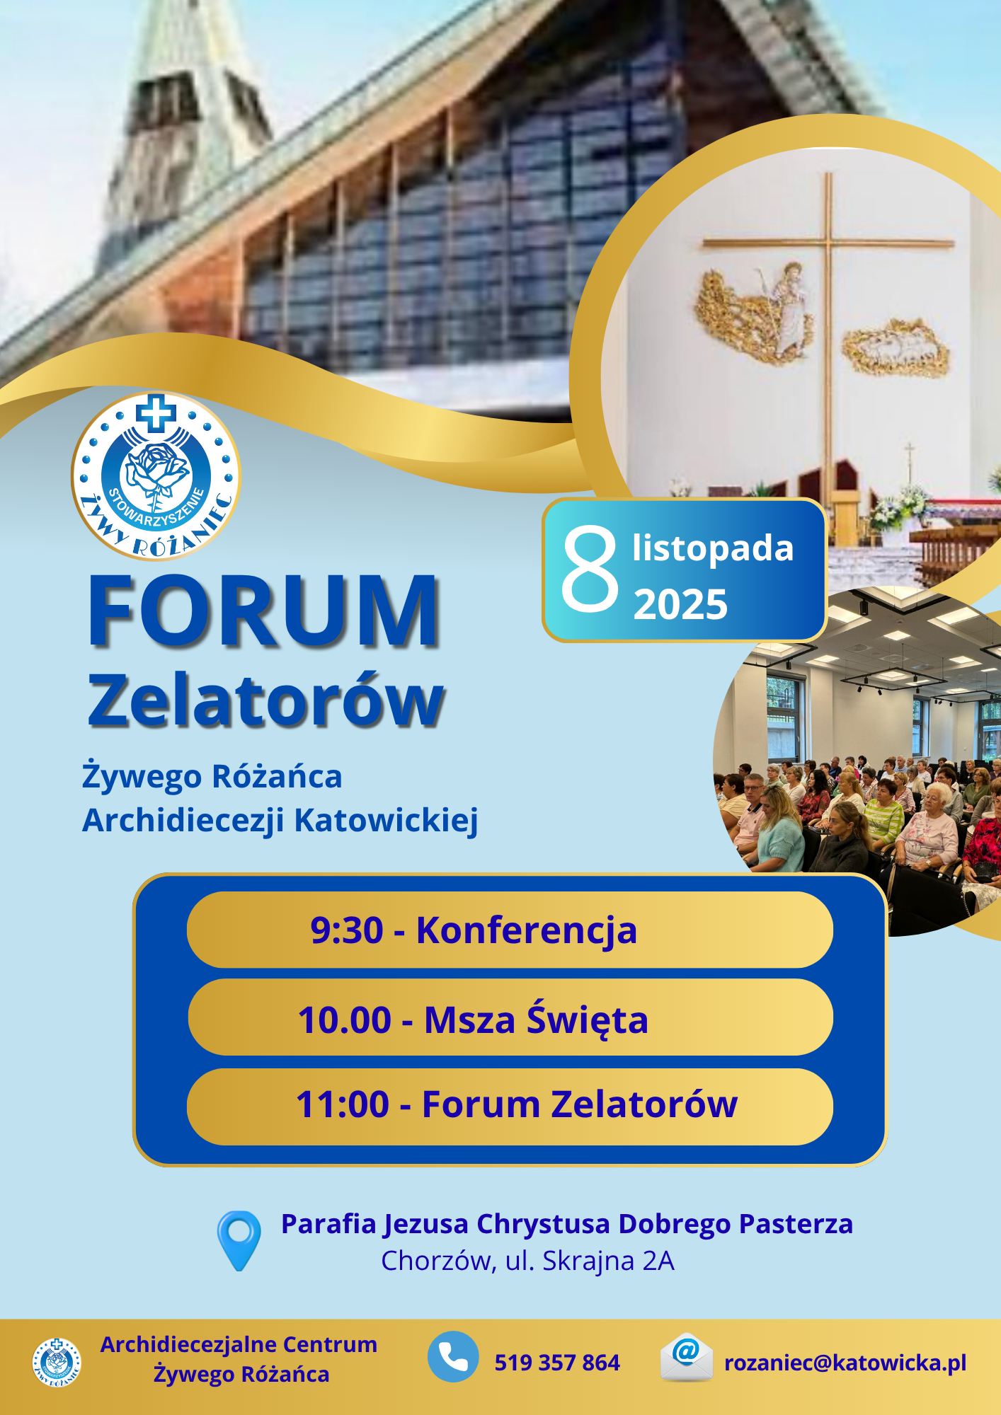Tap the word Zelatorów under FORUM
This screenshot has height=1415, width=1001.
click(x=266, y=700)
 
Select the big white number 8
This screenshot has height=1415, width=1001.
click(x=590, y=570)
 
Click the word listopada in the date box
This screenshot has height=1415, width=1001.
click(x=713, y=548)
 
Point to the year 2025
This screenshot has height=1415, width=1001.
click(x=680, y=604)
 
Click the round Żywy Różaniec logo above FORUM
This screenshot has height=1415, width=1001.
click(x=156, y=476)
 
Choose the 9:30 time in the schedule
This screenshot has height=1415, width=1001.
click(x=347, y=930)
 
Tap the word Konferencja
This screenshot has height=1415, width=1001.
click(x=527, y=931)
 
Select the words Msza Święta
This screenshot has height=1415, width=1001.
click(x=536, y=1019)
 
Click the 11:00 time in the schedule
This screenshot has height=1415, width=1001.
click(x=343, y=1104)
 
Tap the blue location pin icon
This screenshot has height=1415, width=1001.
click(x=239, y=1240)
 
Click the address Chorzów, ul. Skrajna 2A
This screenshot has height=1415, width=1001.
click(x=527, y=1261)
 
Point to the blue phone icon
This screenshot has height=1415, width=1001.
click(x=453, y=1357)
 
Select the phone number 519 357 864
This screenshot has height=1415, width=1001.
click(x=557, y=1363)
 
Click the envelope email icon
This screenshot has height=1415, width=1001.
click(x=686, y=1357)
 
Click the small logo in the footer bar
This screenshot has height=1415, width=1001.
click(x=57, y=1362)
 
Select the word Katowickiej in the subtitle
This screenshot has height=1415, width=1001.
click(x=386, y=821)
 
